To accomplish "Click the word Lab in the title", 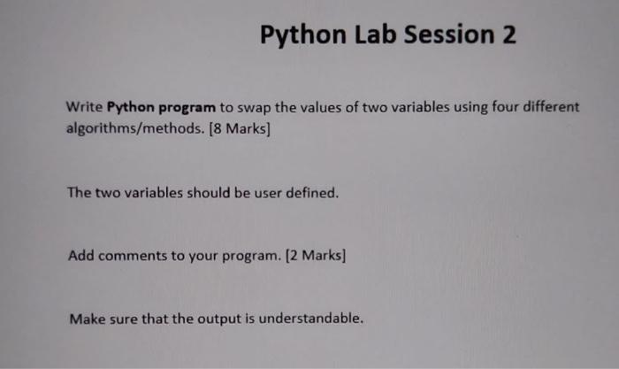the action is [x=375, y=35].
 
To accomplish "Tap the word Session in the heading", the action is [x=449, y=35].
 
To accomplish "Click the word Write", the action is [x=84, y=107].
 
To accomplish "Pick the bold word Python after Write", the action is [x=130, y=107].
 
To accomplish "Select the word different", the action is [x=551, y=107].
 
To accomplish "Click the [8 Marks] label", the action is [x=240, y=129].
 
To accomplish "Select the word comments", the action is [x=133, y=256].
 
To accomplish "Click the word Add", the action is [x=81, y=256].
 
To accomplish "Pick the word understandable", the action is [x=311, y=319].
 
